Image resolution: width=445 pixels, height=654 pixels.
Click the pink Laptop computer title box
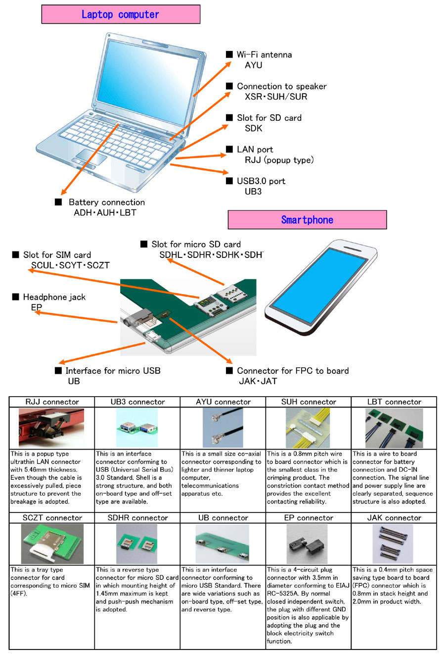[x=121, y=14]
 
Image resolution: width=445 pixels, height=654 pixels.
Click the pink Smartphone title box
[x=307, y=220]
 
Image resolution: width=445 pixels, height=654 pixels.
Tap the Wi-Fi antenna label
[x=264, y=54]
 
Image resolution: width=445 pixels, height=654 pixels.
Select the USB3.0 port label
[x=261, y=181]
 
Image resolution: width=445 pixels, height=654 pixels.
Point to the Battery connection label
[x=106, y=202]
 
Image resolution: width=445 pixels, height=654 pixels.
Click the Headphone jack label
[x=54, y=297]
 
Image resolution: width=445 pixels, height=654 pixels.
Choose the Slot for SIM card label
[x=57, y=255]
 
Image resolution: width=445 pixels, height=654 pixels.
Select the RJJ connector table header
[x=52, y=402]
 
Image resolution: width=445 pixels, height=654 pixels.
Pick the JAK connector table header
[x=394, y=518]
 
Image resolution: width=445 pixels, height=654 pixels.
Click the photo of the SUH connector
[x=308, y=428]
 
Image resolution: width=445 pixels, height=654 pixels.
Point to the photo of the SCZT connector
[x=52, y=544]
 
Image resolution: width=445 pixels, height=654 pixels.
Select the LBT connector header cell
[x=394, y=402]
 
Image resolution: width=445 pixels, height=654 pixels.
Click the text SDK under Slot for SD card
[x=253, y=128]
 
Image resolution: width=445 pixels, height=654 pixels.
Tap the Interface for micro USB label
[x=113, y=371]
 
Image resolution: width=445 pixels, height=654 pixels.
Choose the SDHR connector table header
[x=137, y=518]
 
